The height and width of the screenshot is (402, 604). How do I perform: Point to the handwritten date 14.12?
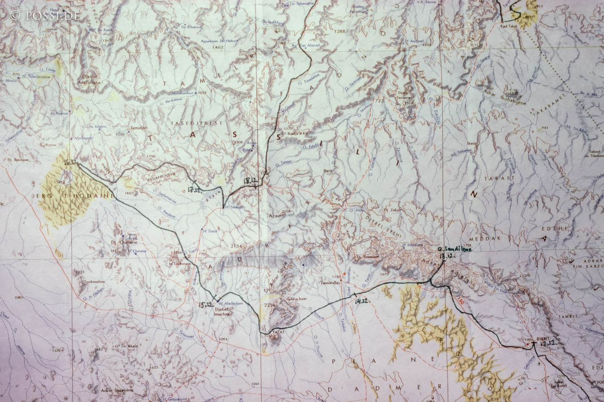(361, 301)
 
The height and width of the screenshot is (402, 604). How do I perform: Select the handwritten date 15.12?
(205, 305)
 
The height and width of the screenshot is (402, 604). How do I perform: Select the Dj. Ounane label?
(121, 243)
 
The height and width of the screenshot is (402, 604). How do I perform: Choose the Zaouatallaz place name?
(331, 283)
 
